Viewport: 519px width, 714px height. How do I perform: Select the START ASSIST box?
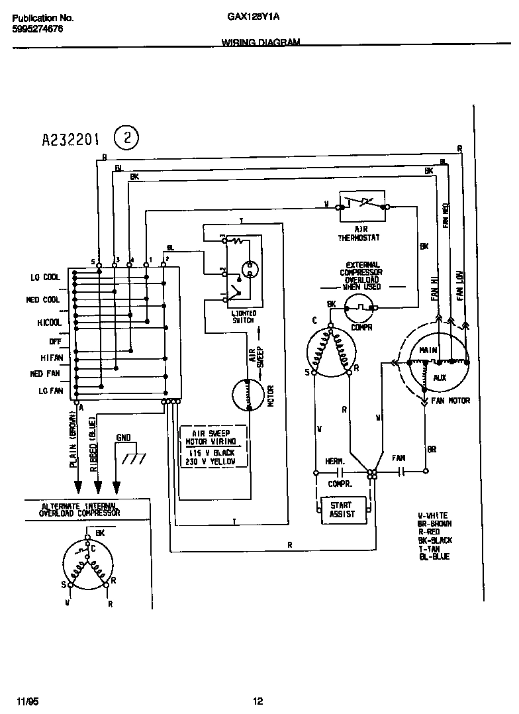coord(342,509)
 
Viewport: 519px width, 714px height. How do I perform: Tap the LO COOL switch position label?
coord(45,278)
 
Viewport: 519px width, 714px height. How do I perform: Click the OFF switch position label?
coord(54,341)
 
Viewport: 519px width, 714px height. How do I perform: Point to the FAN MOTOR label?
coord(450,401)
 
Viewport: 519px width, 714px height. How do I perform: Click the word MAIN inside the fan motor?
coord(428,350)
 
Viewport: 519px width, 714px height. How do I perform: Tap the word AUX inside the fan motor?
coord(440,377)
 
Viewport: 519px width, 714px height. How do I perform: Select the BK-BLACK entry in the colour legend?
coord(435,540)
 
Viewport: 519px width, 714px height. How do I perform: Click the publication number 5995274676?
coord(38,30)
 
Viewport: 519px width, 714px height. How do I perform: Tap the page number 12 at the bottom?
coord(258,701)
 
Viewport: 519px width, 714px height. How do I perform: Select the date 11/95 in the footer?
coord(23,701)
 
